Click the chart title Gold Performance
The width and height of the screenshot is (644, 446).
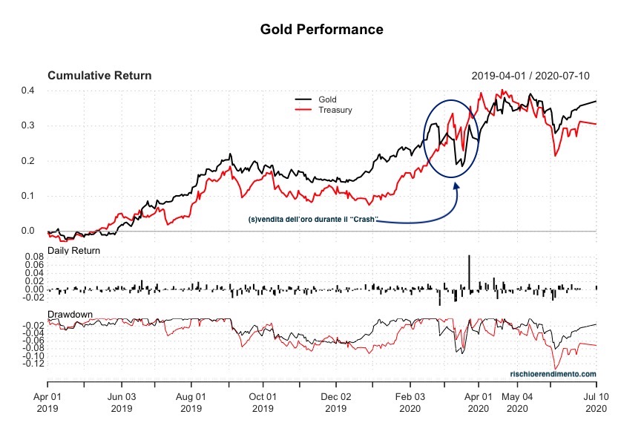pyautogui.click(x=321, y=30)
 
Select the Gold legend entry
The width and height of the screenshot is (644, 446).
pyautogui.click(x=326, y=99)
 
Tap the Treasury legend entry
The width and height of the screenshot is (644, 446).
pyautogui.click(x=335, y=110)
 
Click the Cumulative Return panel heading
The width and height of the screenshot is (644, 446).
pyautogui.click(x=99, y=76)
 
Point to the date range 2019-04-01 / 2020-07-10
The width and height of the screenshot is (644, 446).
pyautogui.click(x=530, y=76)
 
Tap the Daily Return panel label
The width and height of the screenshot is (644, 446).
pyautogui.click(x=74, y=251)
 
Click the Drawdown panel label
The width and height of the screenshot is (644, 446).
pyautogui.click(x=70, y=315)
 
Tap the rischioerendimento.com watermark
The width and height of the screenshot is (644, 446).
pyautogui.click(x=553, y=374)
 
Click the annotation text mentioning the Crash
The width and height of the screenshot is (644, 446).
pyautogui.click(x=313, y=220)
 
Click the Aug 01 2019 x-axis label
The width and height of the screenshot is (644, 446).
pyautogui.click(x=191, y=403)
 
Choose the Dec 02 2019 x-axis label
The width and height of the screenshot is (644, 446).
pyautogui.click(x=335, y=403)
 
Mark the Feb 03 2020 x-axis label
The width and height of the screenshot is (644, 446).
pyautogui.click(x=410, y=403)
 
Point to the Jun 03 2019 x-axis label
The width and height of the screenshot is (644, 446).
pyautogui.click(x=121, y=403)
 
